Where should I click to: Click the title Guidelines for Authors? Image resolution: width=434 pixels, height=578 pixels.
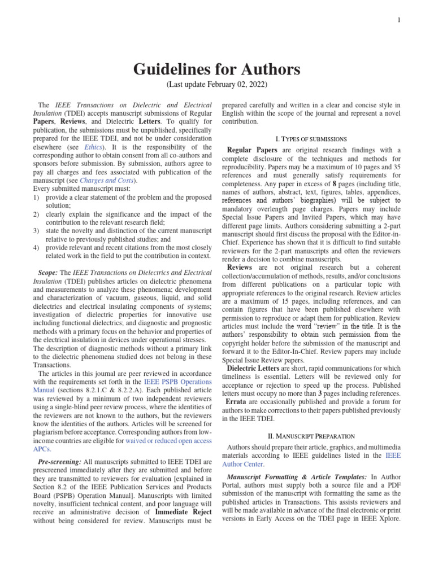[x=217, y=70]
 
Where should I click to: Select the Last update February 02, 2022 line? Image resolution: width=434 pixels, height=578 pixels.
[x=217, y=85]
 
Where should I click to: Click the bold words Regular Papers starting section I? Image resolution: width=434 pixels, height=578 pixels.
[x=252, y=150]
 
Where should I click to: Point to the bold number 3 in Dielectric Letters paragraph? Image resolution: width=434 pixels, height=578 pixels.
[x=319, y=393]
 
